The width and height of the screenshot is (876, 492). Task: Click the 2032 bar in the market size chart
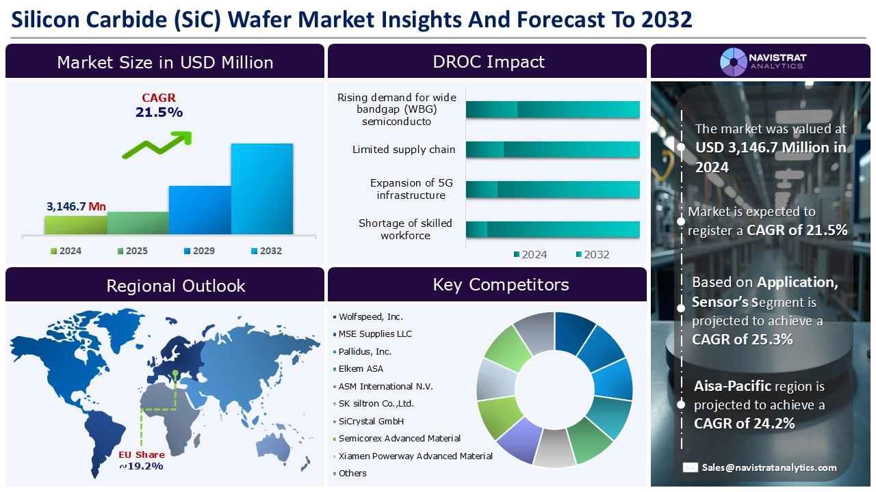261,189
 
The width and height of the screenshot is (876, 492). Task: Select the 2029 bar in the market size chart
200,210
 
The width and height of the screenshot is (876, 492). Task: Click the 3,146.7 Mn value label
76,206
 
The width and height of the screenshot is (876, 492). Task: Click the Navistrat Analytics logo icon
733,61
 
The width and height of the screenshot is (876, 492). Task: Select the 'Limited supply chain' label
403,150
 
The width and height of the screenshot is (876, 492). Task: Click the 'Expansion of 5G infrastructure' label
411,189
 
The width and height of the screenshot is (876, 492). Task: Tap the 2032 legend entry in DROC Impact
592,254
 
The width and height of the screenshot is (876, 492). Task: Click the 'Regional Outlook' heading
175,286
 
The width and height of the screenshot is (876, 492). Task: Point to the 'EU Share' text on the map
142,454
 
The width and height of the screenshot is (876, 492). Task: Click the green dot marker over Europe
175,373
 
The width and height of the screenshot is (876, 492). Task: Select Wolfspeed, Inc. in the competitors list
370,316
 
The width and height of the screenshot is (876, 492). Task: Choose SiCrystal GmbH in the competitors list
371,421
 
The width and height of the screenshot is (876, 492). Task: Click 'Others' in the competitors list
352,473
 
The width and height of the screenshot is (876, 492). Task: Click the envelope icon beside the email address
690,467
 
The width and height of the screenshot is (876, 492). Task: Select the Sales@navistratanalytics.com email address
769,467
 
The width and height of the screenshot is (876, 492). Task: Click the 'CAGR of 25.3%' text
733,340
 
